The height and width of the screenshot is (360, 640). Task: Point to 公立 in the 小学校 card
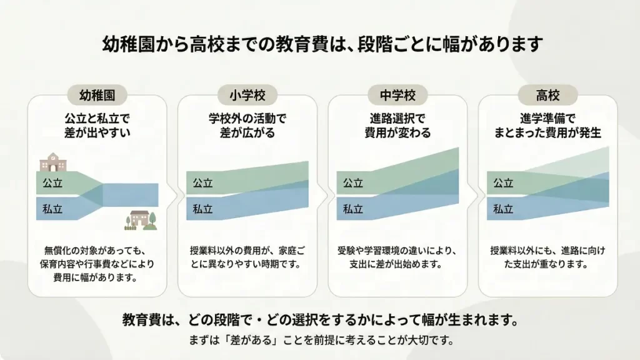pyautogui.click(x=202, y=183)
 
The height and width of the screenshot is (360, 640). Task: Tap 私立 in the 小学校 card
pyautogui.click(x=202, y=209)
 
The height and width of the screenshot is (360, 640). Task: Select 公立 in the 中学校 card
pyautogui.click(x=353, y=183)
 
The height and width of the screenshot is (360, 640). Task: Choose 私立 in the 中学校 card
pyautogui.click(x=353, y=209)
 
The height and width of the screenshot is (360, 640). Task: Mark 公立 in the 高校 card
pyautogui.click(x=503, y=183)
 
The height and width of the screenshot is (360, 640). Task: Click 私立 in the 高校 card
pyautogui.click(x=503, y=209)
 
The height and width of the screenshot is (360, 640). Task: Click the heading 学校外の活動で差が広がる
pyautogui.click(x=247, y=125)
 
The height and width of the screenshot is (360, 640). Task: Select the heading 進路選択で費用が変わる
pyautogui.click(x=397, y=125)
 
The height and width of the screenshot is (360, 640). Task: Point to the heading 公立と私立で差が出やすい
pyautogui.click(x=97, y=125)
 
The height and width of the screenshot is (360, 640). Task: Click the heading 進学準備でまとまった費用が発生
pyautogui.click(x=547, y=125)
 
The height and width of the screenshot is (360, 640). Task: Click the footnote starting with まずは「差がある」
pyautogui.click(x=321, y=341)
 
